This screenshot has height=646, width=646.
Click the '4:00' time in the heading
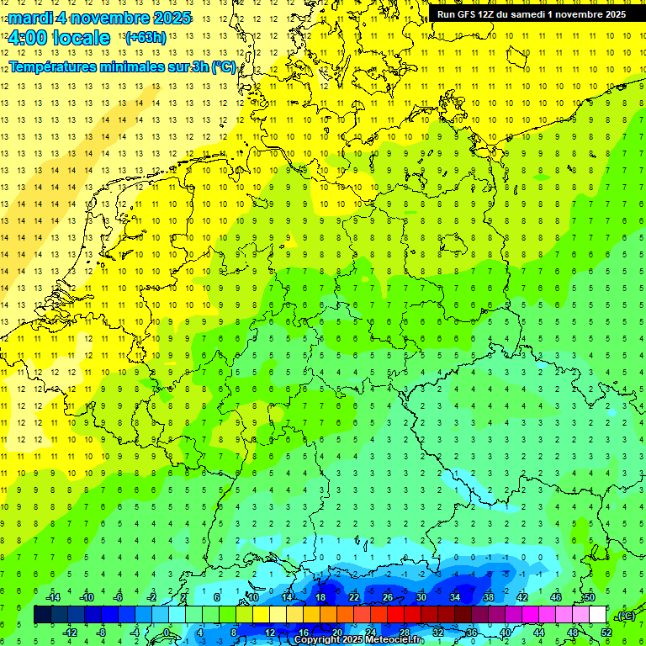pos(26,38)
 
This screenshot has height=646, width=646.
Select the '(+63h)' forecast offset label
pos(145,38)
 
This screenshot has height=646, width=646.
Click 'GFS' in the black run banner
pos(470,14)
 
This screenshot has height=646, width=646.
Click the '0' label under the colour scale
pos(166,633)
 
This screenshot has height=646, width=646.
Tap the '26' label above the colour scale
pos(388,597)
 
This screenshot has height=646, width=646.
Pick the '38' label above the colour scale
pos(489,597)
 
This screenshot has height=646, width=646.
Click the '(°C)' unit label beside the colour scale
pos(625,616)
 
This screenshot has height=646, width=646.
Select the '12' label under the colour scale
pos(269,633)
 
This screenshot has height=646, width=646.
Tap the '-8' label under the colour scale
pos(102,633)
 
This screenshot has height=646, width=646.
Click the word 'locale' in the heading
pos(82,38)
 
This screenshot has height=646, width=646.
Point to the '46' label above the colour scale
pos(556,597)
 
